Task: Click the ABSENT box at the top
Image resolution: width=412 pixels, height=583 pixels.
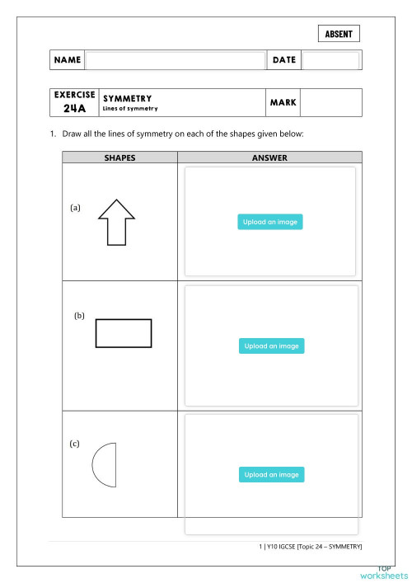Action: tap(339, 34)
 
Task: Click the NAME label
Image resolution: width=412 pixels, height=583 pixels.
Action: tap(67, 60)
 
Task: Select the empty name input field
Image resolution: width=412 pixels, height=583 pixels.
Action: tap(176, 60)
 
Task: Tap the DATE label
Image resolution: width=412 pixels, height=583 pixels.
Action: tap(283, 60)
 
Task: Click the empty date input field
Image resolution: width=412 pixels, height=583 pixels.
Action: tap(330, 60)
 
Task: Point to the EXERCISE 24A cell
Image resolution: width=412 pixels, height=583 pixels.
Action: tap(74, 102)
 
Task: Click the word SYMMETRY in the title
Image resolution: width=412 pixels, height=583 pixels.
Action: tap(127, 98)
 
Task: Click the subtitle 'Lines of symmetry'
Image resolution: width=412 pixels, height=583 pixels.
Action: tap(130, 109)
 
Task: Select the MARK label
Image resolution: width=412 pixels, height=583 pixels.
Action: tap(282, 103)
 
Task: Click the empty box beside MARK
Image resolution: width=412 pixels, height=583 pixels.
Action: tap(330, 103)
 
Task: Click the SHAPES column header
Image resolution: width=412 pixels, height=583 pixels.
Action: tap(119, 158)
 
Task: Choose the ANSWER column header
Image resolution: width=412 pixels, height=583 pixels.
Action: tap(269, 158)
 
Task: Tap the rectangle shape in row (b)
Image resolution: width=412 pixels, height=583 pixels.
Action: tap(124, 333)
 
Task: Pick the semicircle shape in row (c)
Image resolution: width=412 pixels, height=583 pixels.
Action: tap(103, 466)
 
